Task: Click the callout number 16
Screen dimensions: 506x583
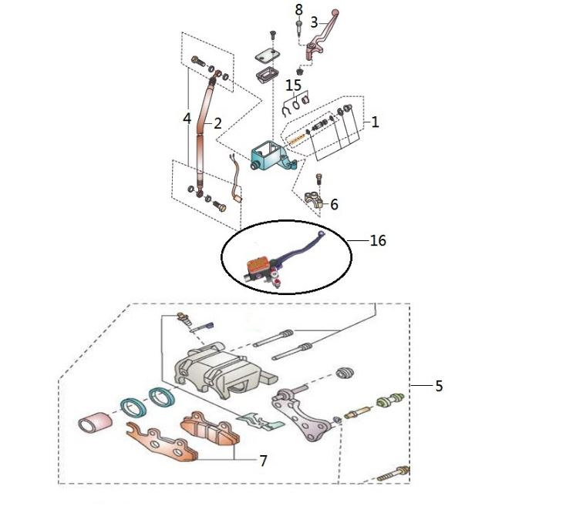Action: click(378, 241)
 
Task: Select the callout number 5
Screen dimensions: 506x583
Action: click(439, 386)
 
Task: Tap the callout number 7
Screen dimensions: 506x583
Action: click(263, 461)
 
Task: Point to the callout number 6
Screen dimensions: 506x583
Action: click(334, 205)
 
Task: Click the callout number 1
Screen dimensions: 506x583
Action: click(375, 122)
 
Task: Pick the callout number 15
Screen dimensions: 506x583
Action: click(293, 84)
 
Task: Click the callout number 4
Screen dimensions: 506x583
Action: click(187, 119)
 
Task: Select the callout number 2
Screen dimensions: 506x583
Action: click(217, 122)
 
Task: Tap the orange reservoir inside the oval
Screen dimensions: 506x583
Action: click(257, 266)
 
